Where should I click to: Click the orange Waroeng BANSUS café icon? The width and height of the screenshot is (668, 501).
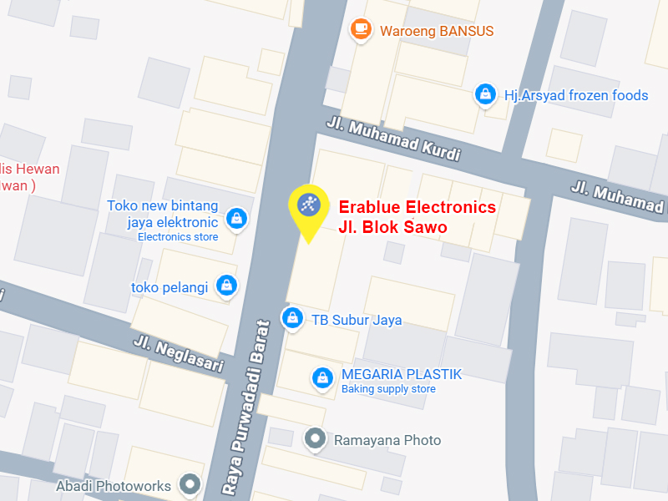coord(361,30)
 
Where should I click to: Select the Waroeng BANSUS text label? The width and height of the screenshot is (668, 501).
coord(437,31)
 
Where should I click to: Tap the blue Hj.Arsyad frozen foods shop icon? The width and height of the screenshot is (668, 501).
coord(484,95)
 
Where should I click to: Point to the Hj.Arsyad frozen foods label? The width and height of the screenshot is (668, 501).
coord(576,95)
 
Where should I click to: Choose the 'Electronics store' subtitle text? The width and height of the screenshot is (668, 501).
coord(178,237)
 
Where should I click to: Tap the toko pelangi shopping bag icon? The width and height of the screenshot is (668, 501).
coord(226,286)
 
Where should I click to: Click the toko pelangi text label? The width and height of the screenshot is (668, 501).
coord(170,287)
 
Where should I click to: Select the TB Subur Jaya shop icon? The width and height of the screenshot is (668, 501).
coord(292,318)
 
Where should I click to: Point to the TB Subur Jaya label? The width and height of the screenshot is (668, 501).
coord(357,320)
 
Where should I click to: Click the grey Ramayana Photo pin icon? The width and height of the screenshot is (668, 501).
coord(315,438)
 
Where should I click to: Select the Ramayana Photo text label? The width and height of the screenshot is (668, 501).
coord(387,440)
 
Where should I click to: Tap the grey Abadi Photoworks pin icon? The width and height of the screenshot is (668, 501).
coord(191,483)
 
